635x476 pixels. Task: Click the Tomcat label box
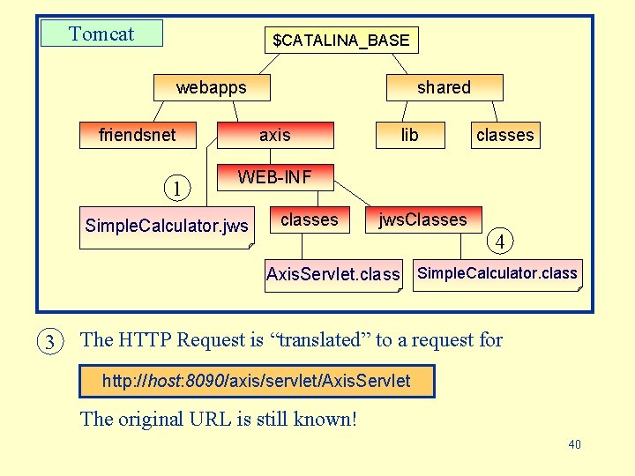point(102,33)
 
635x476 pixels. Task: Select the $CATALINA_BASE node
point(341,40)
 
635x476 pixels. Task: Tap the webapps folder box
point(212,87)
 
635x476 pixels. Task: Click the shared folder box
point(444,87)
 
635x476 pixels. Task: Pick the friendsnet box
point(138,135)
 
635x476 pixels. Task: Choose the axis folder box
point(275,135)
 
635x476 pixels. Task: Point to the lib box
point(410,135)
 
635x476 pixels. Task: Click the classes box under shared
point(504,135)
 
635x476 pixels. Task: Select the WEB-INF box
point(275,177)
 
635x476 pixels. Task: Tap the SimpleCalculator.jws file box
point(167,227)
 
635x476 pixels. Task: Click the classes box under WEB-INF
point(309,220)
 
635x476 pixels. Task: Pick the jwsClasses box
point(423,220)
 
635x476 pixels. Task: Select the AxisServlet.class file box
point(332,274)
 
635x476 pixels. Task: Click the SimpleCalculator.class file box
point(497,273)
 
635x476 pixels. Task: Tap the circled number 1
point(178,188)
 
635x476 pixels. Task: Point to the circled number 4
point(500,240)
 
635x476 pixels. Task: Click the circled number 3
point(50,341)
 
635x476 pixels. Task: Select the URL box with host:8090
point(257,381)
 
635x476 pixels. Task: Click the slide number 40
point(574,444)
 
